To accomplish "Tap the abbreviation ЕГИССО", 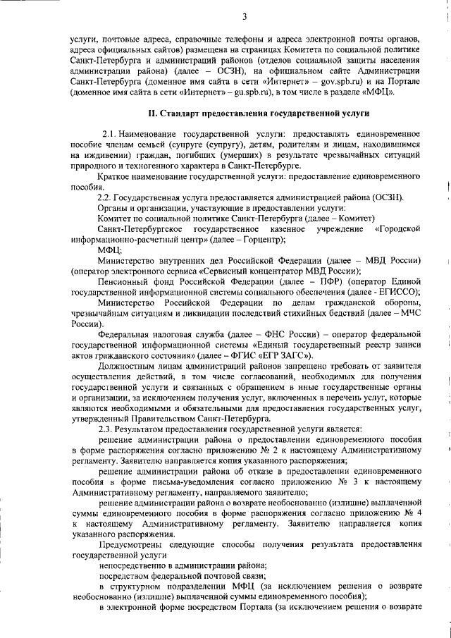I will tap(398, 292).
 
